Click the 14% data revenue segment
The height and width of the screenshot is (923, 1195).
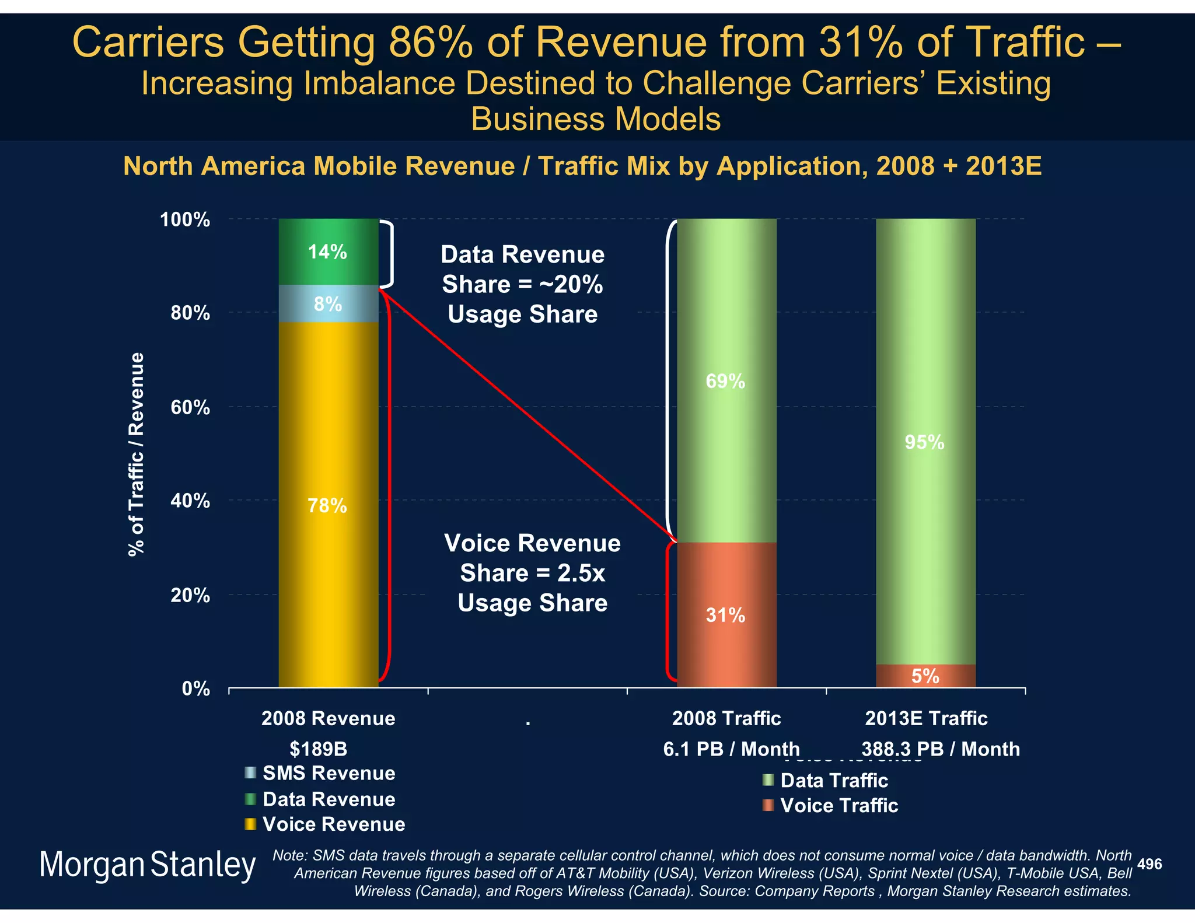[x=328, y=252]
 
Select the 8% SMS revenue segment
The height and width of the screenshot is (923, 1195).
[x=328, y=304]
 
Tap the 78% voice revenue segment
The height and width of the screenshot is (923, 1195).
[x=328, y=505]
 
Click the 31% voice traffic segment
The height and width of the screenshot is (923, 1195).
[x=726, y=615]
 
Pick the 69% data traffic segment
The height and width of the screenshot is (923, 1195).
[x=726, y=381]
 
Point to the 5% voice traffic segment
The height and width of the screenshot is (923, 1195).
[x=925, y=676]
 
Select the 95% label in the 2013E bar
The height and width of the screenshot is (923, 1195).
[x=924, y=442]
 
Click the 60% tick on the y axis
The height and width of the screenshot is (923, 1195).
[x=190, y=407]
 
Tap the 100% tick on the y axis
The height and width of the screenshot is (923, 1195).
[x=185, y=220]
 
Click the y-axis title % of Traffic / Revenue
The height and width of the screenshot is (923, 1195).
[x=136, y=454]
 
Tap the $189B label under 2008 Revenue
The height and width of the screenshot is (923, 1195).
[x=319, y=749]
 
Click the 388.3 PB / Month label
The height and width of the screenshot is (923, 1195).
[x=941, y=749]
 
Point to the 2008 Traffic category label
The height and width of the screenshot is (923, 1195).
[x=726, y=718]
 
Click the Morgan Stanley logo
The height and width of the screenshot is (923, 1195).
[x=147, y=865]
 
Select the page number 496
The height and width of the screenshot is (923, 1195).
[x=1149, y=864]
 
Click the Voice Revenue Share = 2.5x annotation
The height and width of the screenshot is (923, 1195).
[x=532, y=573]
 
